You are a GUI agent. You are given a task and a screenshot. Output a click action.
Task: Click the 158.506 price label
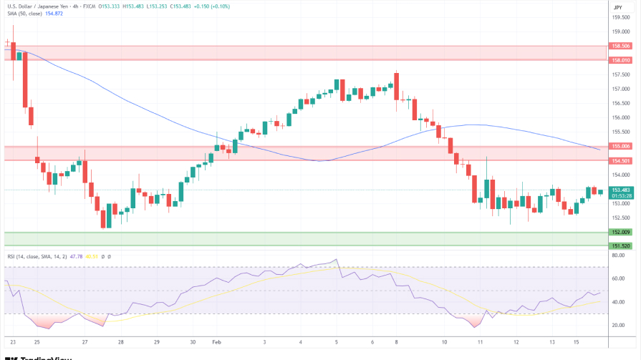620,46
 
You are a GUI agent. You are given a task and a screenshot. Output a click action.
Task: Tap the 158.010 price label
620,60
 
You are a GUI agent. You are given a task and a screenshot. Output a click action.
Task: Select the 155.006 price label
620,146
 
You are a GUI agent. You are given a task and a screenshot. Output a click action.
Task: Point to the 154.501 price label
620,160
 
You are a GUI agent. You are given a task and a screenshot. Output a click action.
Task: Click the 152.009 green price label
620,232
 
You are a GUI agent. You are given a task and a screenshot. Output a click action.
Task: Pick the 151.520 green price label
620,245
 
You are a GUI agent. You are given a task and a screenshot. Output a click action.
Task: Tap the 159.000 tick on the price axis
620,31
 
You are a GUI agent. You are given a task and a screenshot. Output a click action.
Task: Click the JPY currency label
618,7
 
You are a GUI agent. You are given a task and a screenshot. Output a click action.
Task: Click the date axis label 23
13,343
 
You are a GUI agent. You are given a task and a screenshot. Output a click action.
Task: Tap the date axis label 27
85,343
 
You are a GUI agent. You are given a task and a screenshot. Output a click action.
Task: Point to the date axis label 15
576,343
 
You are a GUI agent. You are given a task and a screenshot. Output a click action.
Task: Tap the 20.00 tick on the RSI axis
619,325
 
